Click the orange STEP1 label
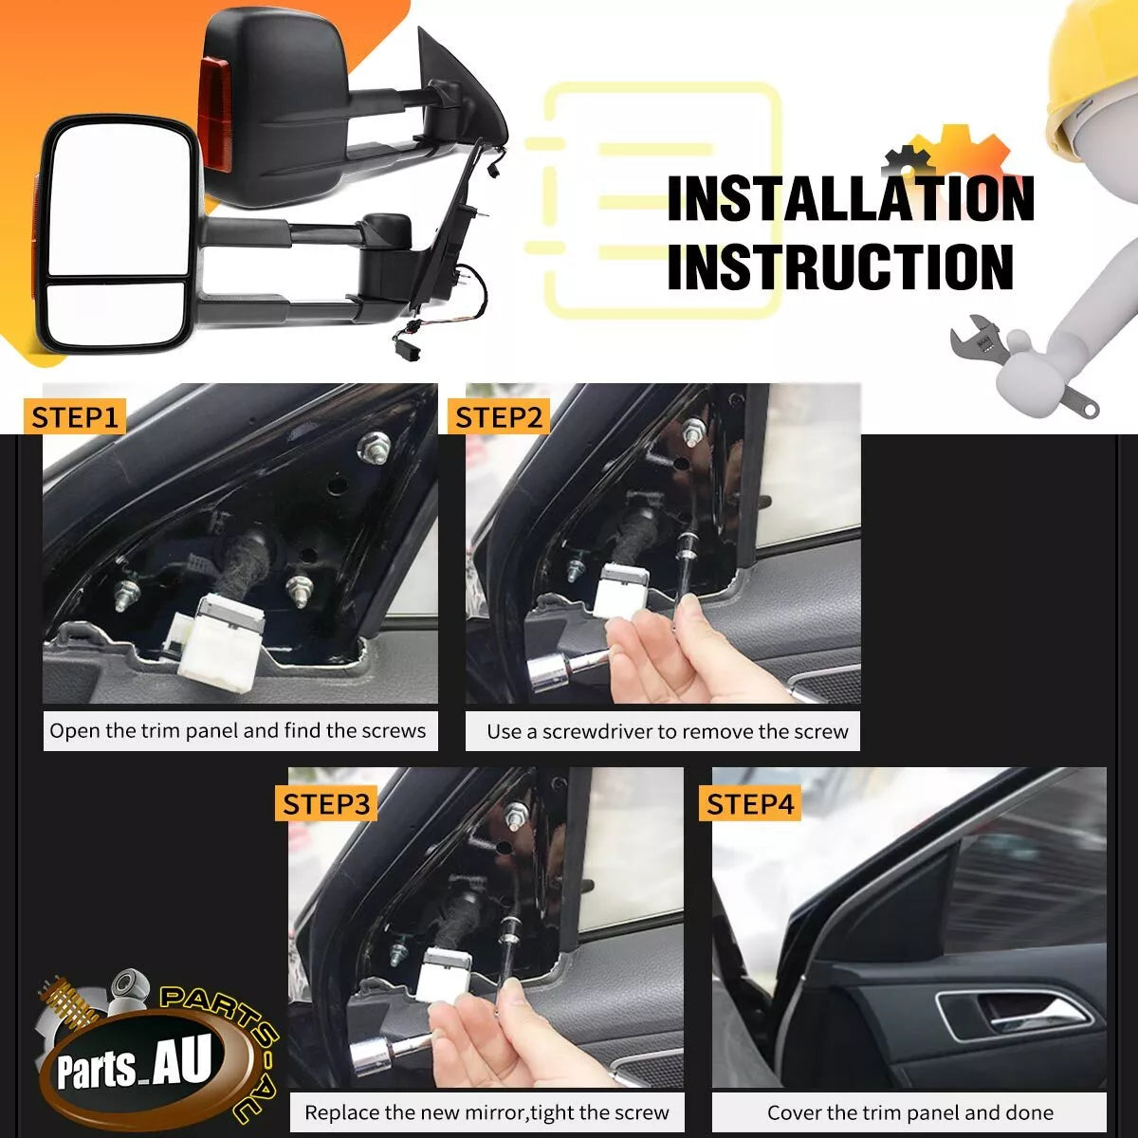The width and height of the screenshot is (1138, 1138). (x=75, y=417)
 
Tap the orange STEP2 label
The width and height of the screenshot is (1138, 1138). (x=499, y=417)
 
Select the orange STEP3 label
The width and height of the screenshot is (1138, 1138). (x=326, y=804)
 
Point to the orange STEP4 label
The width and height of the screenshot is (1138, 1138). (x=750, y=804)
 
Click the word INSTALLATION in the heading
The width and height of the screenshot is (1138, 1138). (x=851, y=198)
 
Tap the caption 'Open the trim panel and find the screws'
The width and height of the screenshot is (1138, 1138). (x=237, y=731)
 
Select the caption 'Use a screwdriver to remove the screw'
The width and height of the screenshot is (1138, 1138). (x=668, y=732)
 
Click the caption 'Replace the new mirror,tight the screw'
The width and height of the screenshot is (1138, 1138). (x=486, y=1113)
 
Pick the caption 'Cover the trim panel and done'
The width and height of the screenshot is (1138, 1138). (x=910, y=1113)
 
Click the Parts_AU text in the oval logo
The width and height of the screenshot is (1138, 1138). (x=134, y=1063)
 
